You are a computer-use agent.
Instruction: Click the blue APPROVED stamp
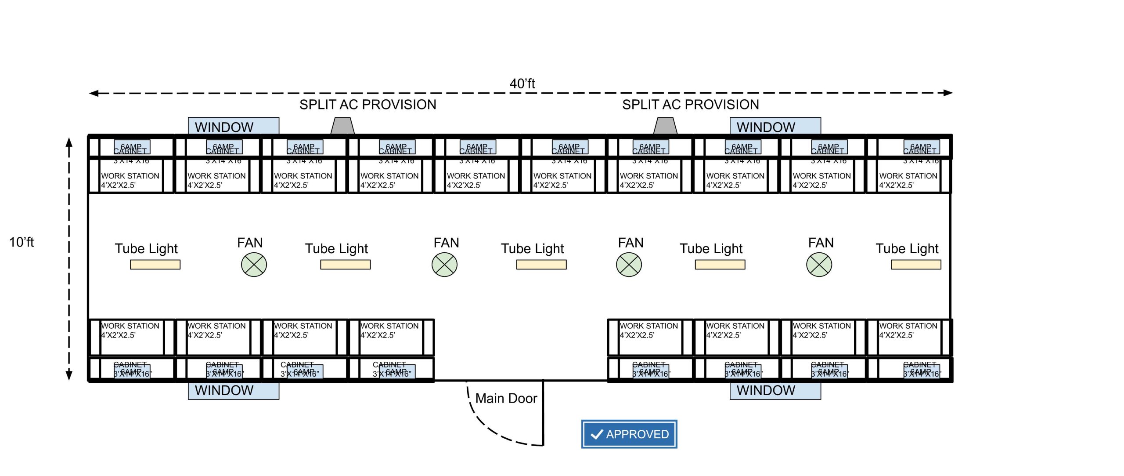point(629,434)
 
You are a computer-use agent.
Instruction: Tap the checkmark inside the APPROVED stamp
point(597,434)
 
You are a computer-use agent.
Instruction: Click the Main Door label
point(506,398)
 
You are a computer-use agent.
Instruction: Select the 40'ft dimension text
point(522,84)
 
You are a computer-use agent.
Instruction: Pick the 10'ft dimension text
point(22,242)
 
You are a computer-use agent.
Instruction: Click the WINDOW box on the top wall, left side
point(233,126)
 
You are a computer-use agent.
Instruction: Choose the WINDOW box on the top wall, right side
point(775,126)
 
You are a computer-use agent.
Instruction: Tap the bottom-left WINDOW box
point(233,391)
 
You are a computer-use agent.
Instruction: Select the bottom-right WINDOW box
point(775,391)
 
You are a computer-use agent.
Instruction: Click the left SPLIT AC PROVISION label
point(367,105)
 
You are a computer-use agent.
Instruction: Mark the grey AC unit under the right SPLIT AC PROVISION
point(665,126)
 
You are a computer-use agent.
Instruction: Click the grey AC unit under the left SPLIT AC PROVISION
point(342,126)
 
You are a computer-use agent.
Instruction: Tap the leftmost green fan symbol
point(254,265)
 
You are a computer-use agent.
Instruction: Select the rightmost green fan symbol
point(819,265)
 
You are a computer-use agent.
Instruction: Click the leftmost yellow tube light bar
point(155,265)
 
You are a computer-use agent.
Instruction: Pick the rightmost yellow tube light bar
point(916,265)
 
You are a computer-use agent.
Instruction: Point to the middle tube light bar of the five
point(541,265)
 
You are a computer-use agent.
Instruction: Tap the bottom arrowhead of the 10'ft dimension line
point(69,375)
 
